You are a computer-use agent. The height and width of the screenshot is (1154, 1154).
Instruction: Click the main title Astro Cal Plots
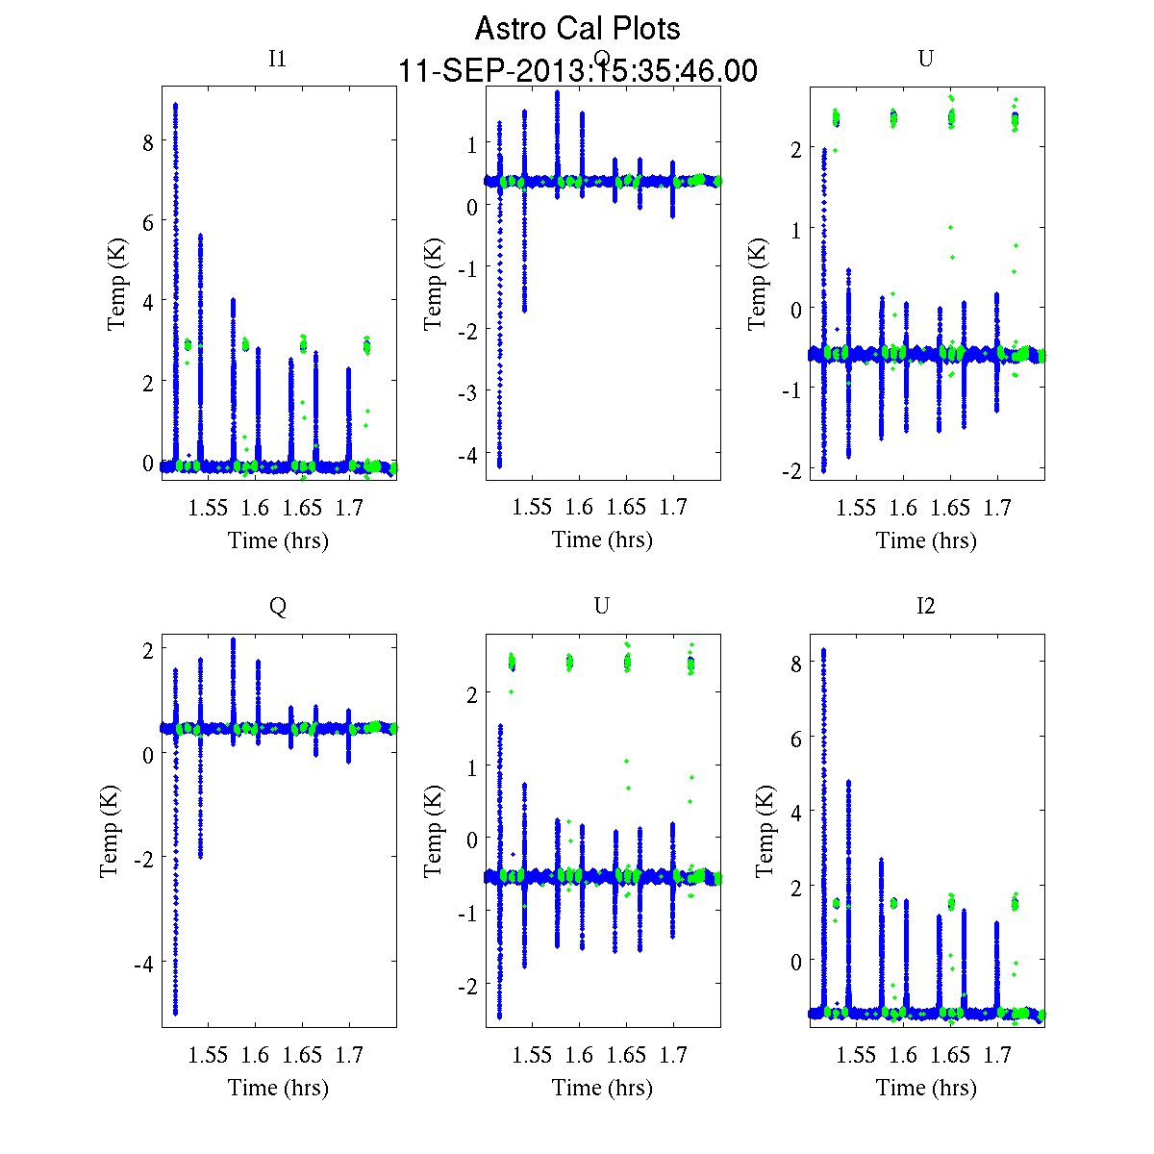click(x=577, y=29)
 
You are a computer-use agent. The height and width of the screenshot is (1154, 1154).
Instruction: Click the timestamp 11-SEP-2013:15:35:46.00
click(x=577, y=71)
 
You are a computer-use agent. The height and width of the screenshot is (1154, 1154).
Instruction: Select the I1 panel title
click(x=277, y=59)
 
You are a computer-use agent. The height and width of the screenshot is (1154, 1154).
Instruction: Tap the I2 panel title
click(x=925, y=606)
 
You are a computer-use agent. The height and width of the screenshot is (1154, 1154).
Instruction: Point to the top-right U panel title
click(x=925, y=59)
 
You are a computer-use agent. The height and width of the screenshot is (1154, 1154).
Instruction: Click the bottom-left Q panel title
click(x=277, y=606)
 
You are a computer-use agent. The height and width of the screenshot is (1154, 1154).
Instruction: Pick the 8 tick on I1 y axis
click(x=148, y=141)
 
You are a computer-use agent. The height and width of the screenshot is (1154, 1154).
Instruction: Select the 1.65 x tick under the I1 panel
click(x=302, y=508)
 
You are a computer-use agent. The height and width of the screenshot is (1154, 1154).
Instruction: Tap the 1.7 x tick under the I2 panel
click(x=997, y=1055)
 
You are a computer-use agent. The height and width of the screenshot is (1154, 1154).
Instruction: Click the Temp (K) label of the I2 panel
click(x=765, y=831)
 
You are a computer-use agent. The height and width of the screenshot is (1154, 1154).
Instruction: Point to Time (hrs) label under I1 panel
click(x=278, y=540)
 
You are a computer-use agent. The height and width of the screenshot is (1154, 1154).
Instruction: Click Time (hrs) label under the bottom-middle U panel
click(x=602, y=1088)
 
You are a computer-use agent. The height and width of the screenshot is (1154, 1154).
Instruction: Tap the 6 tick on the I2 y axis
click(x=794, y=738)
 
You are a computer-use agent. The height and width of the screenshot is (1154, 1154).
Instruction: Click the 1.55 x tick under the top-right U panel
click(x=856, y=508)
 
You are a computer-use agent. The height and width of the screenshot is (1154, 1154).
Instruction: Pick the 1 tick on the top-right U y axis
click(x=794, y=228)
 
